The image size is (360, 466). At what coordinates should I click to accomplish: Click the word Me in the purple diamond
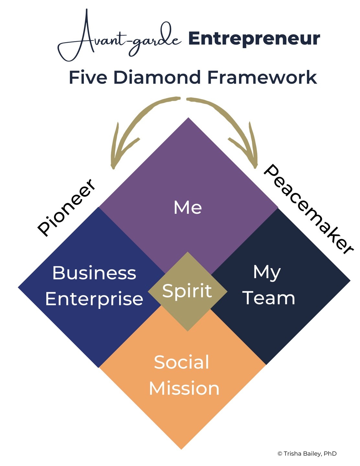(188, 207)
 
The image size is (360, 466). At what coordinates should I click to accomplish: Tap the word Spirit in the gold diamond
(187, 291)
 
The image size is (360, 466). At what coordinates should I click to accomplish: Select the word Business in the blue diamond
(94, 273)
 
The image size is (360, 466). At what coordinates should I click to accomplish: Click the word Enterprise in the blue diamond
(94, 299)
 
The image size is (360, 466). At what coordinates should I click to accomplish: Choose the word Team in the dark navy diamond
(269, 298)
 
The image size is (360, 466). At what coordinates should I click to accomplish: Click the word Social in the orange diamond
(182, 362)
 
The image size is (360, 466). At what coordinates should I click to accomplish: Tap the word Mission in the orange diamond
(184, 388)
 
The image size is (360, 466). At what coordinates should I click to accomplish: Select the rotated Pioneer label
(67, 207)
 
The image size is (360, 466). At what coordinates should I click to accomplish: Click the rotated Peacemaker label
(308, 209)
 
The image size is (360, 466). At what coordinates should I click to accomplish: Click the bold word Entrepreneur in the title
(254, 39)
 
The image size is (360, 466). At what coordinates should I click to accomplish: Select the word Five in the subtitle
(88, 78)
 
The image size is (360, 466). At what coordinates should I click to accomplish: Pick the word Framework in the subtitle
(262, 78)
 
